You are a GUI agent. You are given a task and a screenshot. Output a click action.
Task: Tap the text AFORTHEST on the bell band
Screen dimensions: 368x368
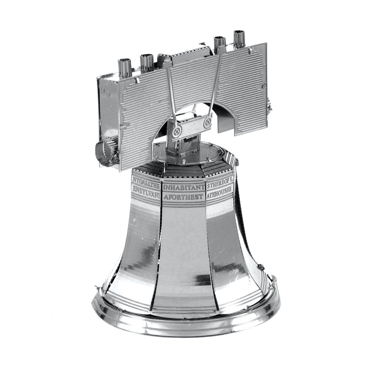click(x=184, y=197)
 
